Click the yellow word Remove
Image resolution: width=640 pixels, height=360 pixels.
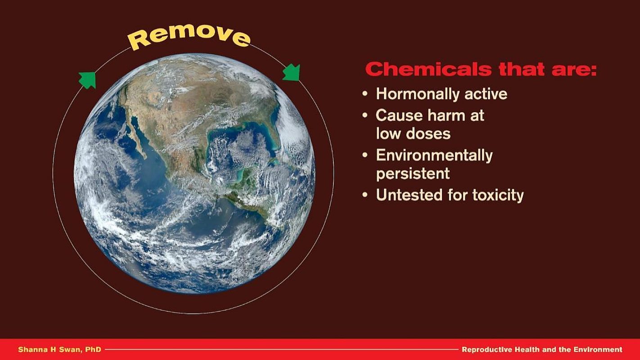tap(189, 37)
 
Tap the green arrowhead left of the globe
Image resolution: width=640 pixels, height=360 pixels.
tap(87, 80)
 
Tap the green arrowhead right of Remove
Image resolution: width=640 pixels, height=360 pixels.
tap(292, 72)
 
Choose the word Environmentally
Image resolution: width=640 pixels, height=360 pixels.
tap(434, 156)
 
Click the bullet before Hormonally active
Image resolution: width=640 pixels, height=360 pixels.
tap(365, 94)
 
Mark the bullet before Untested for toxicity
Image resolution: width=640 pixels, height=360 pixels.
tap(365, 195)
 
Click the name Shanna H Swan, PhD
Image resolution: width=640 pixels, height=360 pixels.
tap(59, 350)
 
